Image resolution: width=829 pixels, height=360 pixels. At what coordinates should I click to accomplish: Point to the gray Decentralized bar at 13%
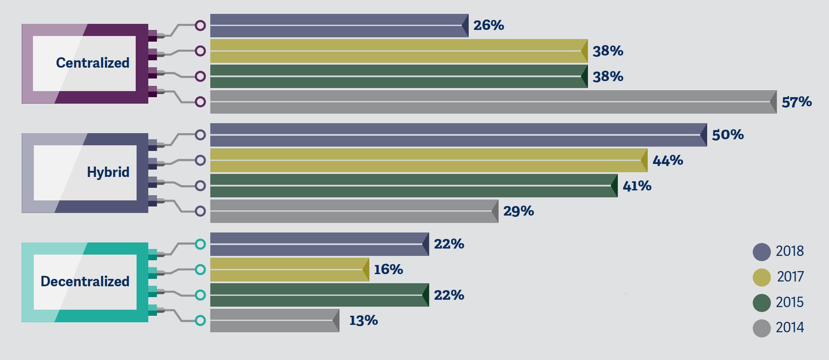[274, 321]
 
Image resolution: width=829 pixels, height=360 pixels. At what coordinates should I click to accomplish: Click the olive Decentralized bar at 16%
[289, 270]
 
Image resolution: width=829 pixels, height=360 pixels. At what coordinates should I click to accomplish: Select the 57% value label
[796, 102]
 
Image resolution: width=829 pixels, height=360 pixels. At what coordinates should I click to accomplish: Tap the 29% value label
[519, 211]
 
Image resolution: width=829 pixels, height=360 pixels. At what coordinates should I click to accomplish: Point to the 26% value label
[489, 26]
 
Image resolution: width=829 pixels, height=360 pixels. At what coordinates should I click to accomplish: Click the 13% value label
[363, 321]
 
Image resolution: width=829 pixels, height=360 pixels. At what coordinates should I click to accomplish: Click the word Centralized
[93, 63]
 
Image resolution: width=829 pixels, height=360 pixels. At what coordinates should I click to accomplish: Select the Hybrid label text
[108, 172]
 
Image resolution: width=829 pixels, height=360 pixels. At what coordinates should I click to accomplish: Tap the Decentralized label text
[85, 281]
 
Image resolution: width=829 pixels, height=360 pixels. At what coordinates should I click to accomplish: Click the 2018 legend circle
[761, 252]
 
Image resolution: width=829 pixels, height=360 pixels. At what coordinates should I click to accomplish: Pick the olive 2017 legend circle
[761, 278]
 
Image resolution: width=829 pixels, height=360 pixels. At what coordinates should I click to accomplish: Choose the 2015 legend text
[790, 302]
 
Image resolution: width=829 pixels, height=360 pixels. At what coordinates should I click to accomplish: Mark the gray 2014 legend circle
[761, 328]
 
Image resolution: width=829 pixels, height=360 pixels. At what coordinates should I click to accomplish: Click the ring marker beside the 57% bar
[200, 102]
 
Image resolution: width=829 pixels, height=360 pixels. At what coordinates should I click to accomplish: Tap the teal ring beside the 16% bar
[200, 270]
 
